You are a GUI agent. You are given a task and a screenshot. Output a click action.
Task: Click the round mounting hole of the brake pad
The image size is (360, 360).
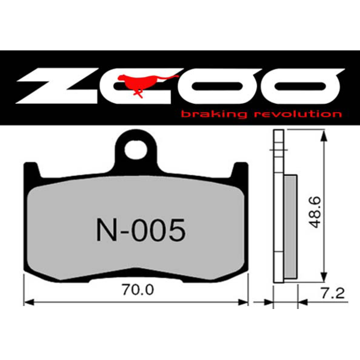[x=140, y=148]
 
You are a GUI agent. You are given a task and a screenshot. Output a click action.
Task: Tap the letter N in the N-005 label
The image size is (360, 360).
[x=106, y=229]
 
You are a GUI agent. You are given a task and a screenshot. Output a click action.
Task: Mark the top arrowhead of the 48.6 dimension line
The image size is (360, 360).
[x=324, y=134]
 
